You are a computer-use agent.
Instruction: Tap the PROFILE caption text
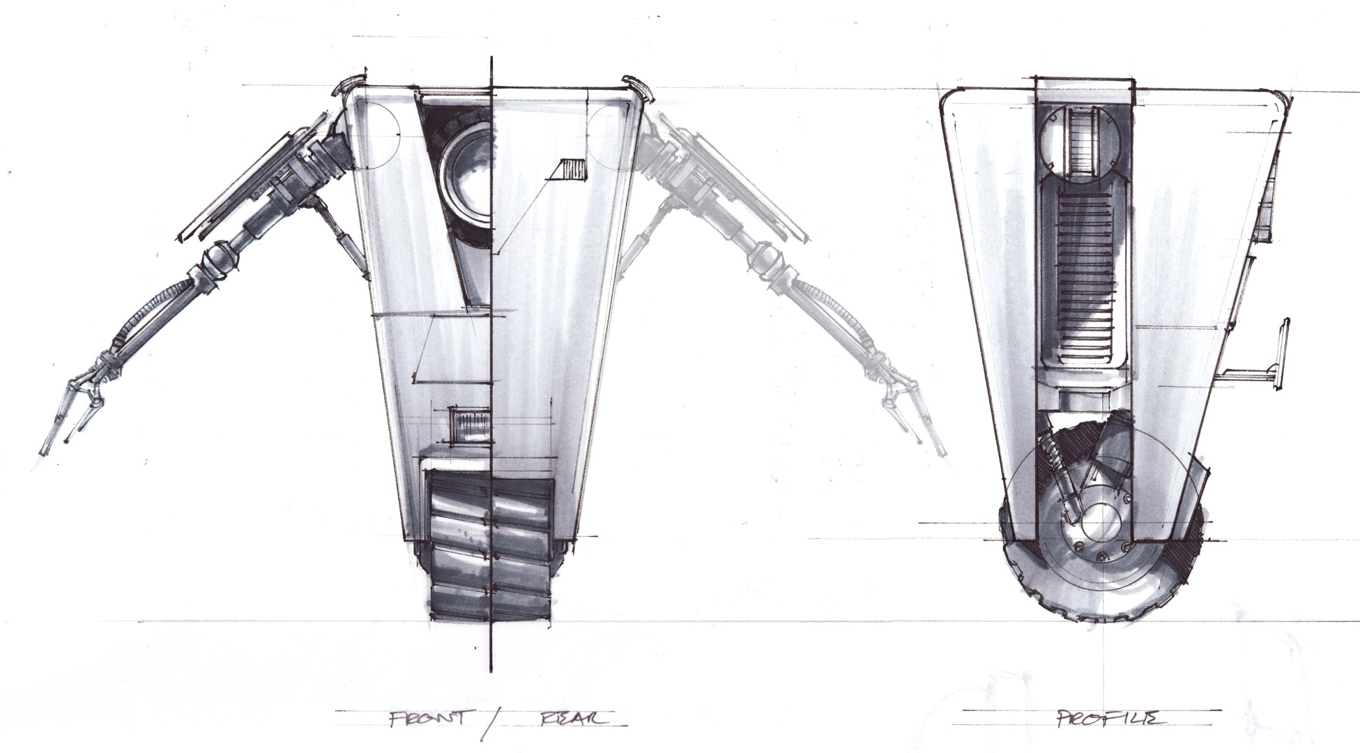click(x=1108, y=718)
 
